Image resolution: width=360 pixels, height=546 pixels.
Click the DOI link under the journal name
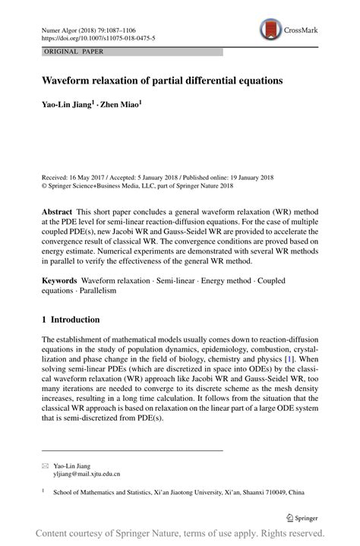(99, 37)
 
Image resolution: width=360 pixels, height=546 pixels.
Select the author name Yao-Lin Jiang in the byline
(67, 106)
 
